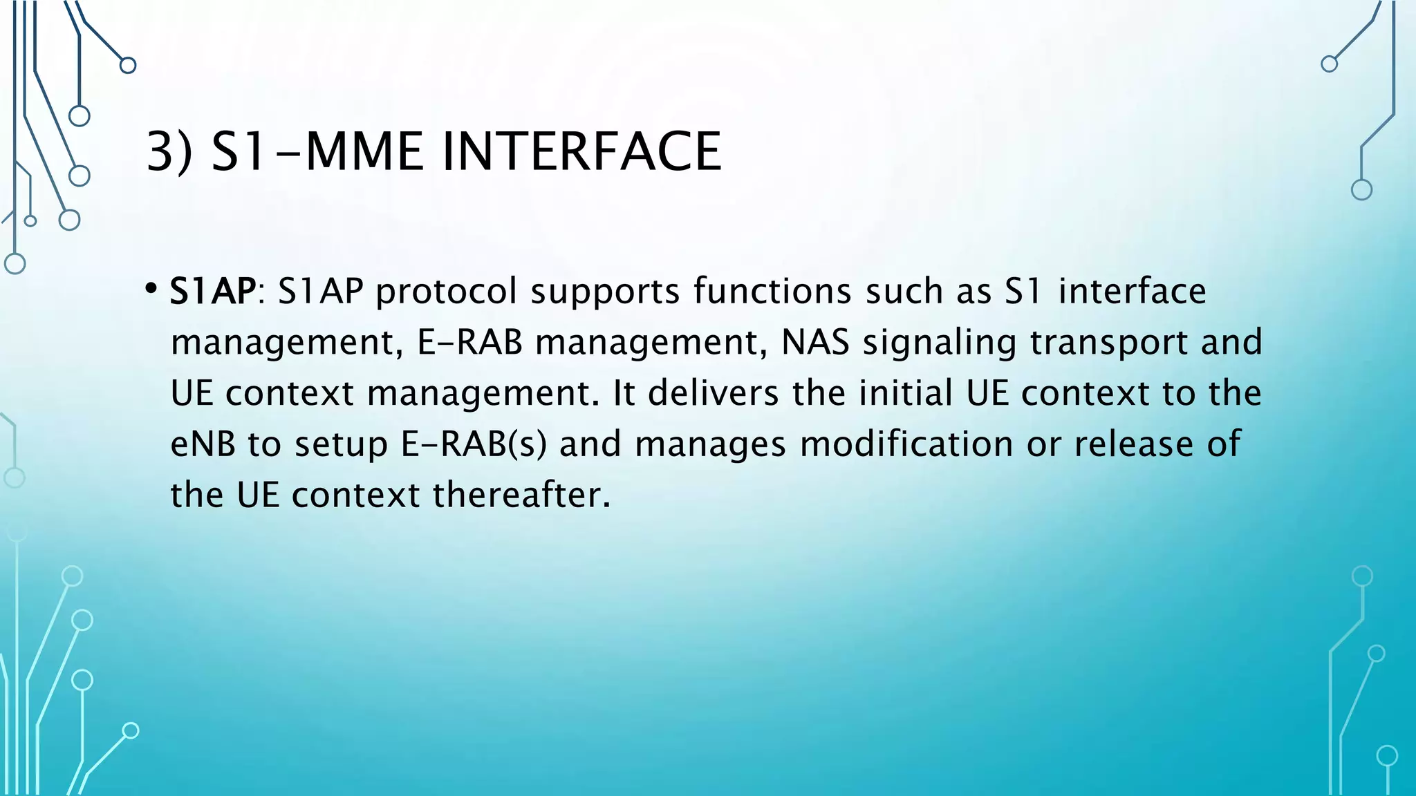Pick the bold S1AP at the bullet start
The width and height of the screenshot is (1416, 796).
tap(213, 291)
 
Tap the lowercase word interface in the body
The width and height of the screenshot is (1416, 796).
tap(1132, 291)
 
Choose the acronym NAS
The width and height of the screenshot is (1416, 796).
tap(815, 342)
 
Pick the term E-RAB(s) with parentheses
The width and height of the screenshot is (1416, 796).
tap(474, 444)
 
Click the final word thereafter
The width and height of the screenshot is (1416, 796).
tap(522, 495)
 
